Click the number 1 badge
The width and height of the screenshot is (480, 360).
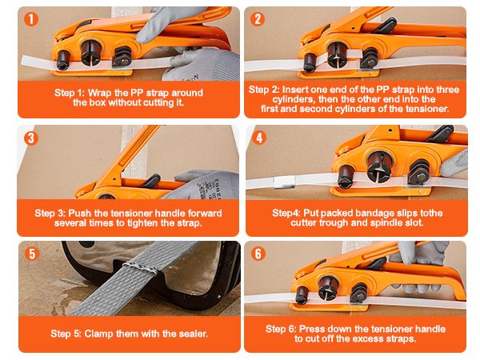click(31, 19)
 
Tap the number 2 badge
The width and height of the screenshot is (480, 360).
click(258, 19)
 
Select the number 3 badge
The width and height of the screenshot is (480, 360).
click(31, 138)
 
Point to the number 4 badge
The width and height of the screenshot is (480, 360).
click(259, 138)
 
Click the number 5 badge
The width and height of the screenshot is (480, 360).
click(32, 254)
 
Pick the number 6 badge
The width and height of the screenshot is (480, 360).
click(258, 254)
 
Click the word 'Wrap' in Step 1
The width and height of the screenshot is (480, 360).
click(99, 93)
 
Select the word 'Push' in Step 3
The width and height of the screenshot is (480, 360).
click(80, 213)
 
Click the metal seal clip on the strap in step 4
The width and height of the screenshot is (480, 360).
click(285, 182)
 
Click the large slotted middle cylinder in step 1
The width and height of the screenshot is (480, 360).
click(91, 52)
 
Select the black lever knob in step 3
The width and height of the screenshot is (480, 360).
click(151, 180)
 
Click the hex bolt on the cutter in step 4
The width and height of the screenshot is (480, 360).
click(422, 177)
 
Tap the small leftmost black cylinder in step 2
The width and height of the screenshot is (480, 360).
click(310, 62)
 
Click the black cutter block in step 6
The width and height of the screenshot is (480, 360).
click(358, 293)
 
